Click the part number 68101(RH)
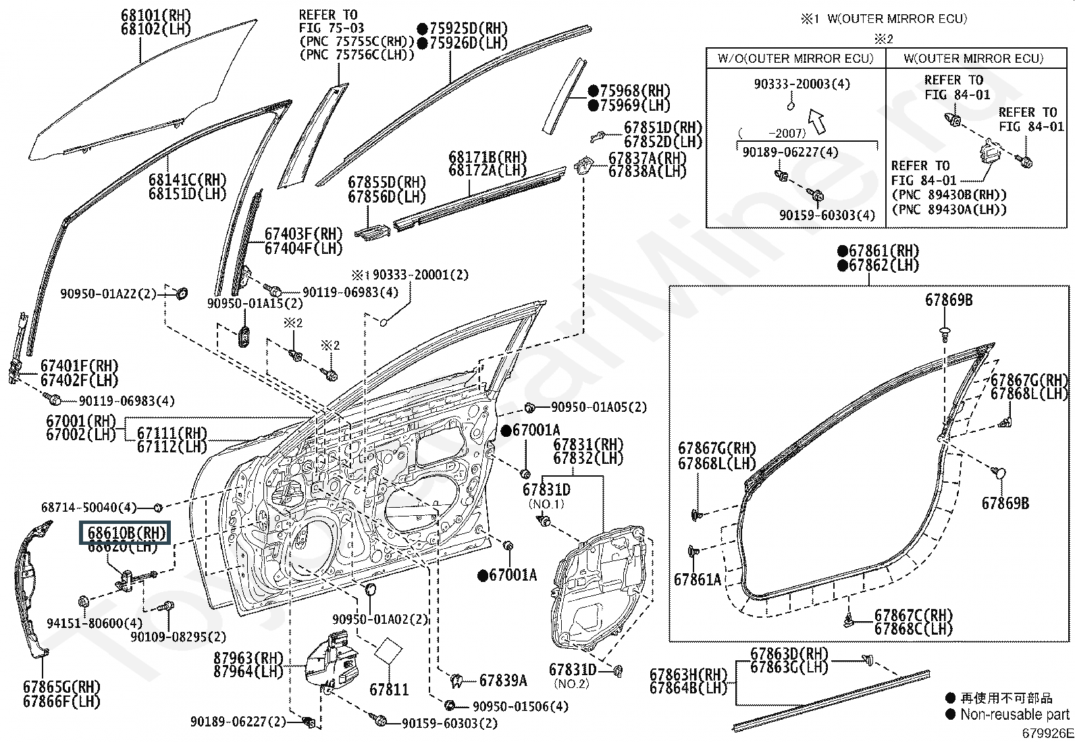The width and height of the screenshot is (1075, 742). (156, 15)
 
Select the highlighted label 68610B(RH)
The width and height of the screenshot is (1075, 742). (126, 532)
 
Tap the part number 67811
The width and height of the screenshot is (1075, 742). (388, 689)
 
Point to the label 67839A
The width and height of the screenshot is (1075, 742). (503, 681)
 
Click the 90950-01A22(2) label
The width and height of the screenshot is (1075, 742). (108, 294)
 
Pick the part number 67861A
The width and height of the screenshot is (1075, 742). (697, 579)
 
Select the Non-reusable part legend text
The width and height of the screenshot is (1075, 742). (1015, 714)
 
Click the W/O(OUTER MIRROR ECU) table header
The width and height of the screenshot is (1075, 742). (795, 59)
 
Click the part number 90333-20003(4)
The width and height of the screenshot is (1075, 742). (802, 84)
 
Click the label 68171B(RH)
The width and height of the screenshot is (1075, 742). (487, 157)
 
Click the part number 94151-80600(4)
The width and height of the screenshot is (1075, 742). (95, 623)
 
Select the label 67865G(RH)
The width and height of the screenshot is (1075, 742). (61, 687)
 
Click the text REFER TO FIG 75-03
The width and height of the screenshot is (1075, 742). (332, 21)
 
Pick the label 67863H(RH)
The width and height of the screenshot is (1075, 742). (688, 674)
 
